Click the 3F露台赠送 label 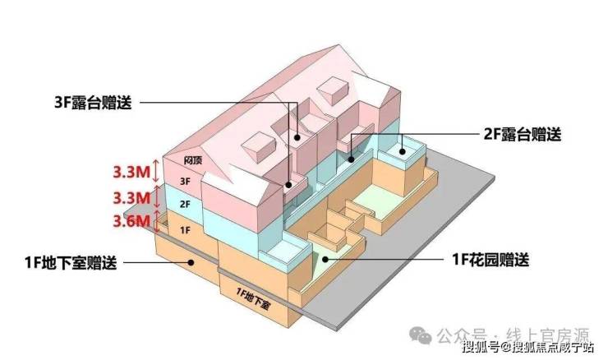tap(90, 103)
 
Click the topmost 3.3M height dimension tap(131, 173)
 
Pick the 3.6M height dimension tap(131, 220)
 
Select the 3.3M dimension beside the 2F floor tap(131, 197)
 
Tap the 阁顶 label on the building tap(193, 161)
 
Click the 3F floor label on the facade tap(185, 180)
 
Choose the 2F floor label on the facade tap(185, 203)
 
